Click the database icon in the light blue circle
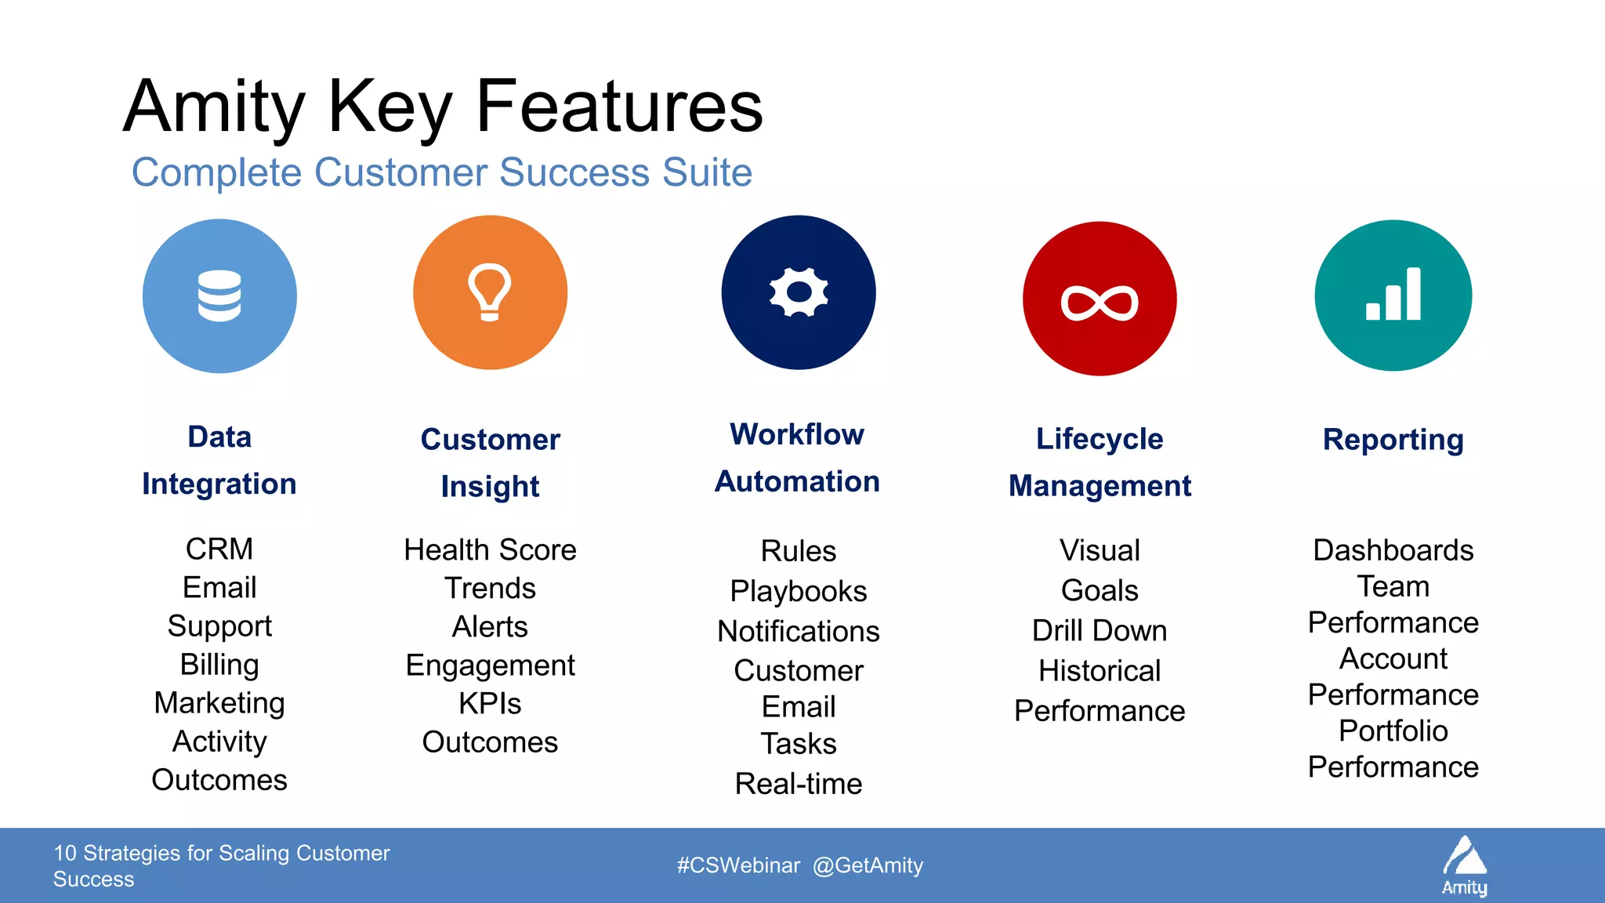coord(219,296)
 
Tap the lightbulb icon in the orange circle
coord(490,292)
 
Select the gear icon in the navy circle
coord(798,292)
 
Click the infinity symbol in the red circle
coord(1100,303)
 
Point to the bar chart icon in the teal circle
coord(1393,295)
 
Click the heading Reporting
coord(1393,440)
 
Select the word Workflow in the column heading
coord(797,434)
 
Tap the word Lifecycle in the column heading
coord(1100,439)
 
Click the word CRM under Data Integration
coord(219,549)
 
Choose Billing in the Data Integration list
coord(219,665)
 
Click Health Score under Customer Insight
coord(490,550)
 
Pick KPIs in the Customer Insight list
coord(490,704)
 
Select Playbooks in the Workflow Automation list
coord(798,591)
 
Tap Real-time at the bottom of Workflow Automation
coord(798,784)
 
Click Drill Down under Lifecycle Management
coord(1100,630)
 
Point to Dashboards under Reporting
coord(1393,550)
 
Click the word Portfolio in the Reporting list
coord(1393,731)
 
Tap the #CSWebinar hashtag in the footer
coord(738,865)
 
